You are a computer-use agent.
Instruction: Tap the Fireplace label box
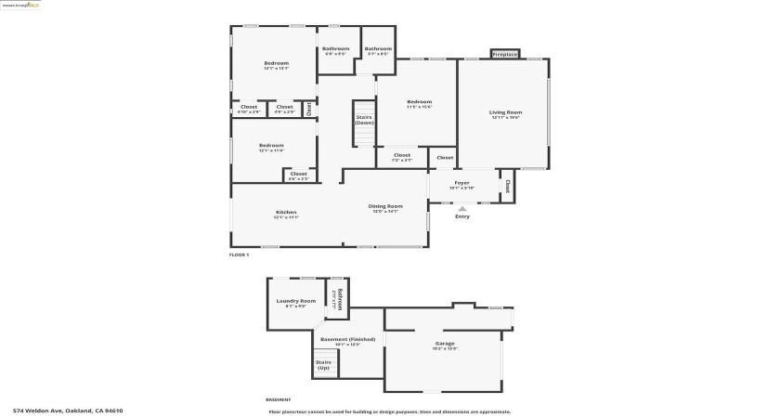click(505, 55)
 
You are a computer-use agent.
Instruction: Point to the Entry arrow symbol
click(462, 208)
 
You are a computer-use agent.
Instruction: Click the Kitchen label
click(286, 214)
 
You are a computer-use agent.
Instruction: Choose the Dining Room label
click(385, 207)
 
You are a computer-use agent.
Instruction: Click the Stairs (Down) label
click(364, 120)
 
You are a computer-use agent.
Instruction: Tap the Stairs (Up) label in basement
click(324, 365)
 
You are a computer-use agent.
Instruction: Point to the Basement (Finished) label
click(348, 341)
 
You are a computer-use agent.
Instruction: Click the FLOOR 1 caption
click(240, 255)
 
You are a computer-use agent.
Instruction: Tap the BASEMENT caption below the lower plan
click(279, 399)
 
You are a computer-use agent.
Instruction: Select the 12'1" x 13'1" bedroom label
click(276, 65)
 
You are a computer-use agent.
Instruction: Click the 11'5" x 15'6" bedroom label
click(419, 103)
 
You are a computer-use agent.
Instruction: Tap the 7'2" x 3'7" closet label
click(402, 157)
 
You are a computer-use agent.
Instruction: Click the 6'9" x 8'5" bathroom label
click(336, 50)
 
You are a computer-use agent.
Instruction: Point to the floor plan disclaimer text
click(389, 411)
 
